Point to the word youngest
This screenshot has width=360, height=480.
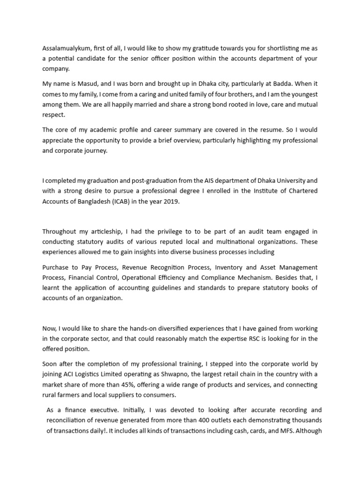[302, 94]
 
